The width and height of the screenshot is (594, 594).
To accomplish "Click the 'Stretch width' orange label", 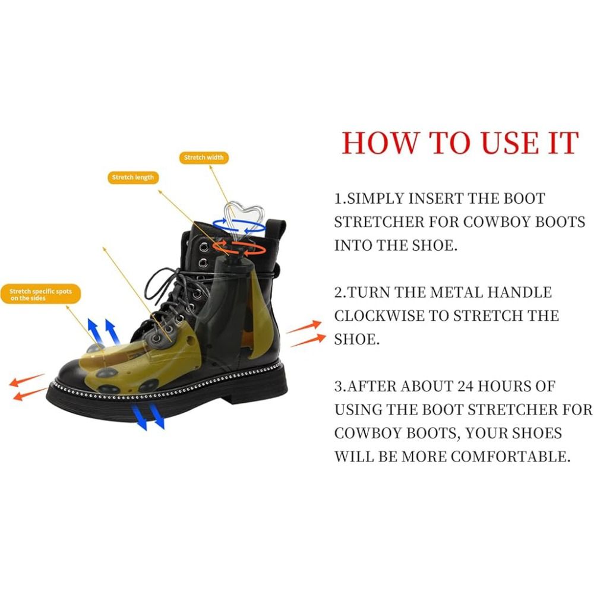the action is coord(204,157).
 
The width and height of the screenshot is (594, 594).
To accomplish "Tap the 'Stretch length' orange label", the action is coord(133,177).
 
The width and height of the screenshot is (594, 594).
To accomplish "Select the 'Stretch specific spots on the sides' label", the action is coord(40,295).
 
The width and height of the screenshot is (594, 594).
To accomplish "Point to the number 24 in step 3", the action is coord(465,387).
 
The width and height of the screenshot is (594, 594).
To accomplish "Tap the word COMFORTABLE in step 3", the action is coord(510,456).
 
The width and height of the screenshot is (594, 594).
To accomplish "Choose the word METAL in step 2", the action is coord(456,292).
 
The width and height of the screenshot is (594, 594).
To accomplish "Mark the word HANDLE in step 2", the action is coord(520,292).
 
